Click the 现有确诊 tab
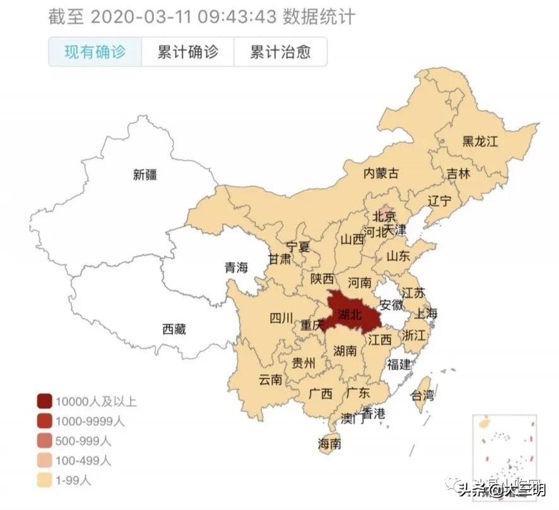pos(95,52)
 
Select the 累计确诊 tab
pos(187,52)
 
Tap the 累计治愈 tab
pos(280,52)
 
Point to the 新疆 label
pos(144,175)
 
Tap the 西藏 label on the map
pos(174,329)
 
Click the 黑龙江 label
pos(480,141)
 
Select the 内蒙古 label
pos(382,173)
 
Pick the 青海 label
pos(237,267)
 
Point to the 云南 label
pos(271,380)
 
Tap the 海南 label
pos(330,444)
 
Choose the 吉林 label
pos(459,174)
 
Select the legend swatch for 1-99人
pos(44,480)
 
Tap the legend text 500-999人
pos(83,440)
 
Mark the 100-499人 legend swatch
pos(44,461)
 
